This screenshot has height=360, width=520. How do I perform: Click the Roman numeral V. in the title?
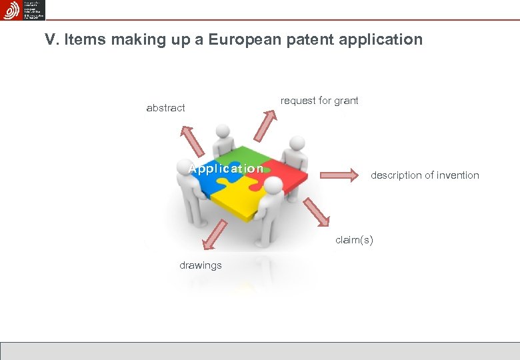(52, 40)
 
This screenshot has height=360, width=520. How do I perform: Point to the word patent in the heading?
(315, 40)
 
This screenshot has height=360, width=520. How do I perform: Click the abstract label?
(165, 108)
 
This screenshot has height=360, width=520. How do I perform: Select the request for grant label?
(319, 101)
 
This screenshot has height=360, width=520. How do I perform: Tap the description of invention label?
(425, 175)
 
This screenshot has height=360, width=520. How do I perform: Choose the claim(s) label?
(354, 240)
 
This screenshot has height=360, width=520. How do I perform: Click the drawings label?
(200, 265)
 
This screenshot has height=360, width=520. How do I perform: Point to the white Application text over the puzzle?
(226, 169)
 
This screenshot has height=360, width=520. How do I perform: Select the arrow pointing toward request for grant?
(267, 124)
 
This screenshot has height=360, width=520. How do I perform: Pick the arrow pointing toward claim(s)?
(317, 213)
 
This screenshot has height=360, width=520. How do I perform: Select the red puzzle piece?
(279, 172)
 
